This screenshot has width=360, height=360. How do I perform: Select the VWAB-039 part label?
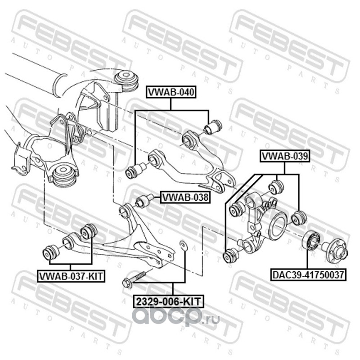point(284,157)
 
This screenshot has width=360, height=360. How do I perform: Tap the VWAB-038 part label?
point(185,197)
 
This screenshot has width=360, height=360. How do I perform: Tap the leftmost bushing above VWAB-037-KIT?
point(50,252)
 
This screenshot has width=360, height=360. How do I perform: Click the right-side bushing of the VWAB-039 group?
point(298,217)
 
